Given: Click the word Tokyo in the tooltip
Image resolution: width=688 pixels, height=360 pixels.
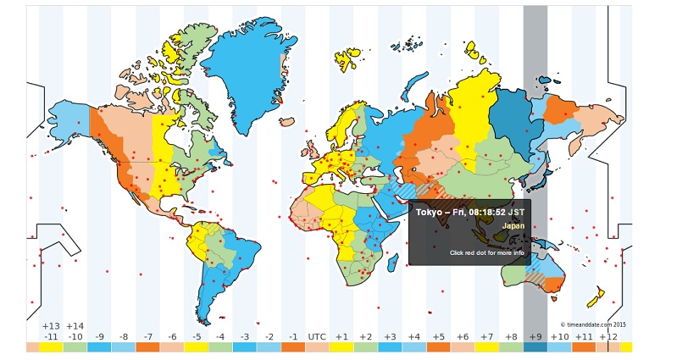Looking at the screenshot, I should (x=430, y=212).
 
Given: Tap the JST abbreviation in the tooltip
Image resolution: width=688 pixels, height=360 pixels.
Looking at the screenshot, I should (x=516, y=212).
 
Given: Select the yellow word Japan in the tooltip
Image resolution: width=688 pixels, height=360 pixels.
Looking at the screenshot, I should (x=513, y=226).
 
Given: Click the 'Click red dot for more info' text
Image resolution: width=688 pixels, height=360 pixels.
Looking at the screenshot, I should (x=486, y=252).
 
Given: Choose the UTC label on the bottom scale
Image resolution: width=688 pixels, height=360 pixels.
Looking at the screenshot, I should (x=317, y=337).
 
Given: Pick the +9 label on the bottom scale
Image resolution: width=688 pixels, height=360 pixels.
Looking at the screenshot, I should (x=535, y=337).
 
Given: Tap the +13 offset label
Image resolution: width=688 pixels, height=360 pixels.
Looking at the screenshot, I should (x=51, y=326).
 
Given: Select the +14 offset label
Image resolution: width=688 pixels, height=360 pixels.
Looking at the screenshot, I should (x=75, y=326).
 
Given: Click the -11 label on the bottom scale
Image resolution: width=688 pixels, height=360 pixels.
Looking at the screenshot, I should (x=51, y=337).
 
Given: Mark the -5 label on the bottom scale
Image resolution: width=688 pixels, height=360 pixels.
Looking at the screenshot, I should (x=196, y=337).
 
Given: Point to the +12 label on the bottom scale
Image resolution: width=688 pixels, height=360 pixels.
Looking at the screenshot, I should (x=608, y=337).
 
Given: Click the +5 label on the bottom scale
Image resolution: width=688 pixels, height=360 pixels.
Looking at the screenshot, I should (x=438, y=337).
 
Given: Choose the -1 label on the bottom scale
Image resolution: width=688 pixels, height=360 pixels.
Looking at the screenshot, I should (x=292, y=337).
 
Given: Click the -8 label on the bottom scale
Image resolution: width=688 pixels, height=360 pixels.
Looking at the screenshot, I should (x=123, y=337).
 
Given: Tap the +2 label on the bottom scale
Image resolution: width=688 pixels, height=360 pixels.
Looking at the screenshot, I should (x=365, y=337).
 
